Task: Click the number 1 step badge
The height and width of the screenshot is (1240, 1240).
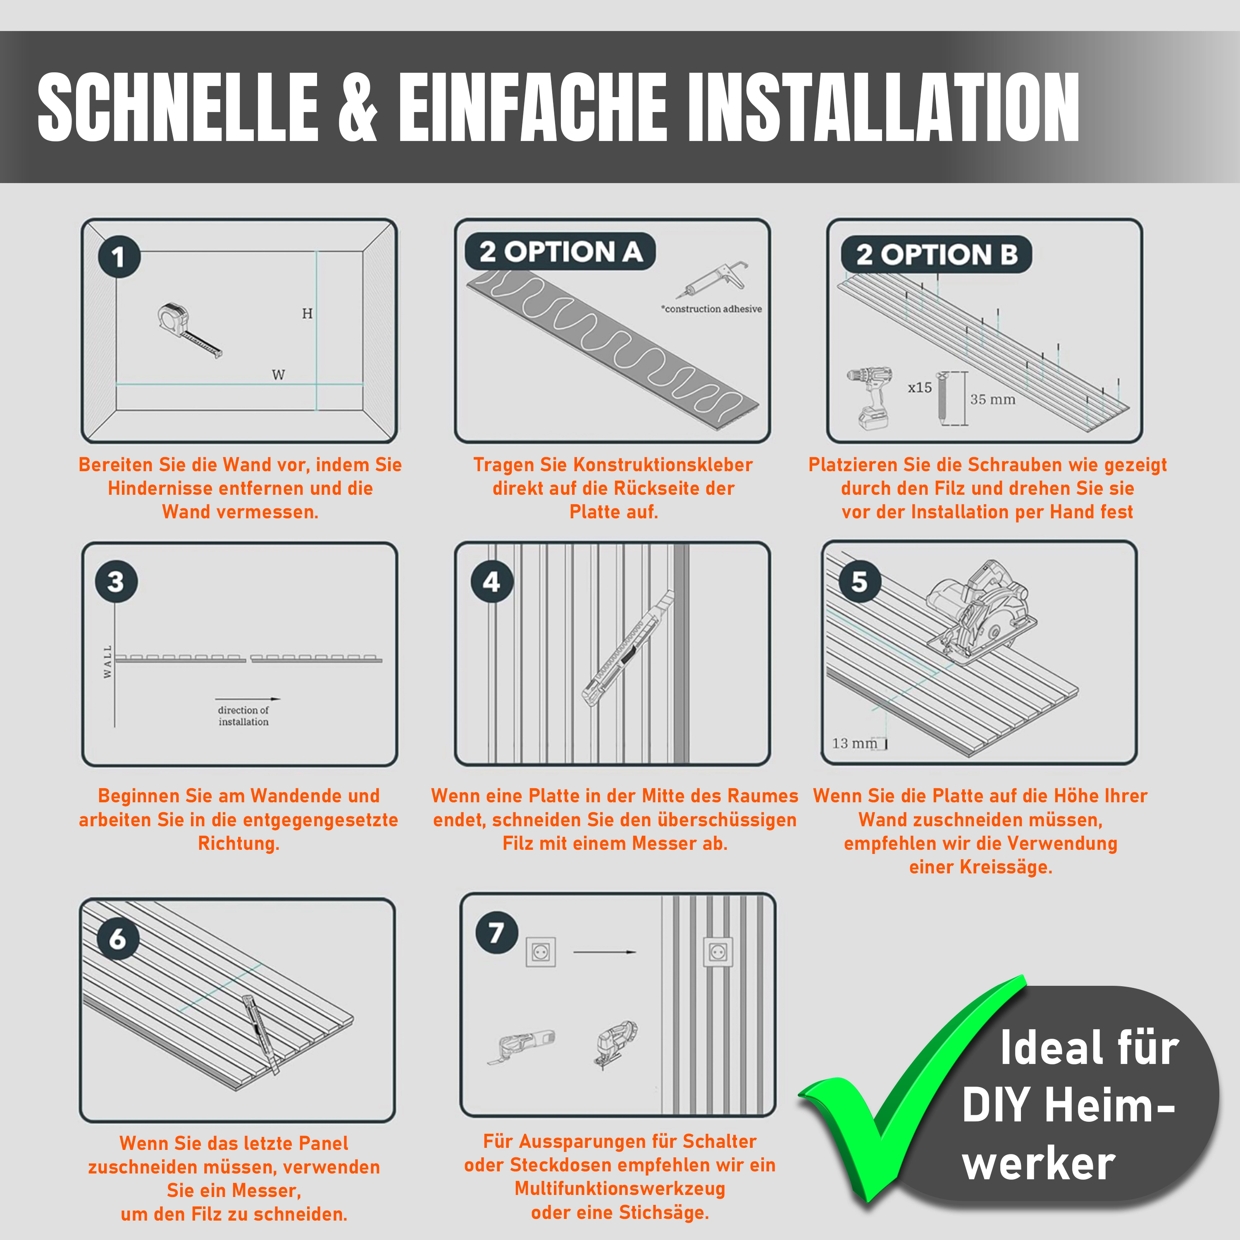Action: click(x=119, y=257)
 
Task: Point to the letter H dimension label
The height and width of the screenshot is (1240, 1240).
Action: click(x=308, y=313)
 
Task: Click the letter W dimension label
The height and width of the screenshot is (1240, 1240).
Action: click(x=278, y=375)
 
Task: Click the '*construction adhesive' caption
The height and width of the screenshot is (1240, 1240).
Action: click(x=711, y=309)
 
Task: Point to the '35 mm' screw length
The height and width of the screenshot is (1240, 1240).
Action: click(x=993, y=399)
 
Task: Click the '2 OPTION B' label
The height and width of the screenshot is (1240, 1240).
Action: click(x=937, y=255)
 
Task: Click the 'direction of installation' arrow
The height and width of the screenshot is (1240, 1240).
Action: click(x=247, y=699)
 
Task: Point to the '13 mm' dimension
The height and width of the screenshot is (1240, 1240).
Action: click(x=854, y=743)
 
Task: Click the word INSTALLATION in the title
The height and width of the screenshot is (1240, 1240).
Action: click(x=884, y=107)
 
